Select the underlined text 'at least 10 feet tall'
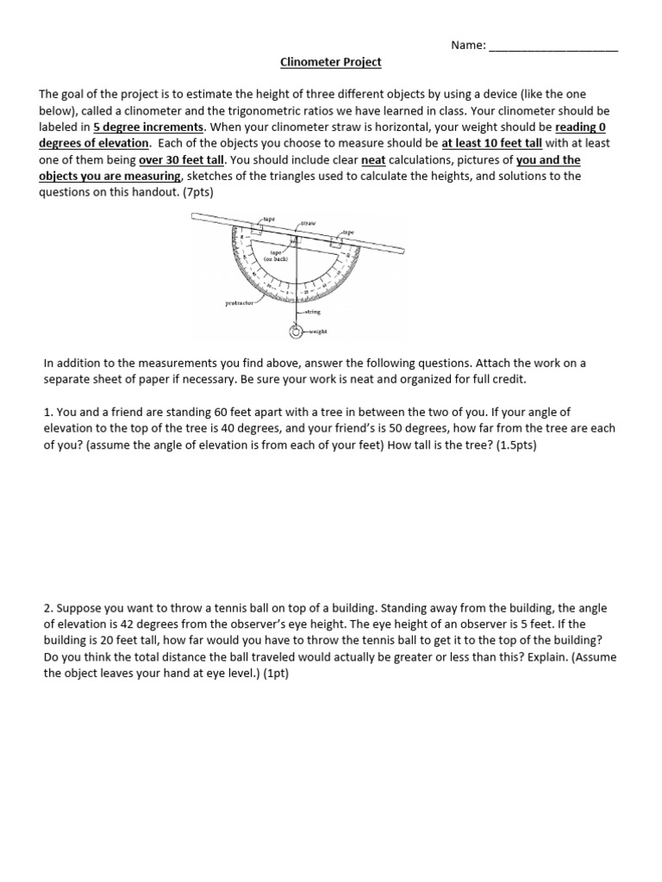click(x=491, y=143)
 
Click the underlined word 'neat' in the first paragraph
click(x=373, y=159)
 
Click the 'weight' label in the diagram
click(x=316, y=331)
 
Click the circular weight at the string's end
click(x=294, y=331)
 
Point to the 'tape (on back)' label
click(x=282, y=255)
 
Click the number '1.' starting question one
click(x=48, y=413)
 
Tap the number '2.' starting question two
click(x=48, y=606)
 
